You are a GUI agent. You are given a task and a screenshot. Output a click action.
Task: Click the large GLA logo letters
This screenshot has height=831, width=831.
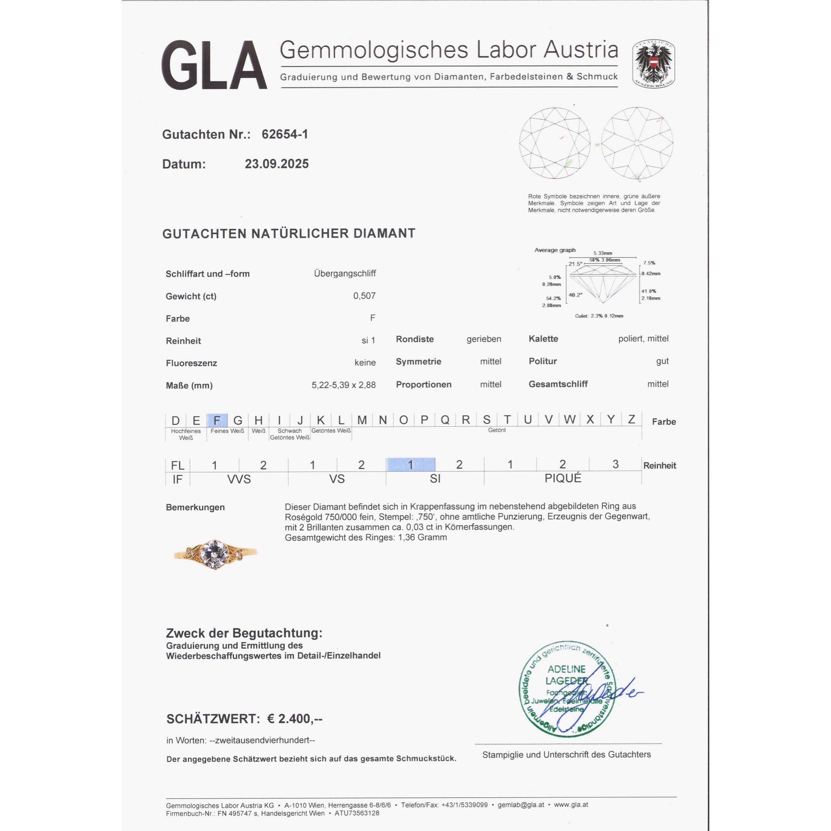[x=214, y=65]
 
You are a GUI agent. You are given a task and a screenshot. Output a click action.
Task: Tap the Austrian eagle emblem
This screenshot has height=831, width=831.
[x=653, y=64]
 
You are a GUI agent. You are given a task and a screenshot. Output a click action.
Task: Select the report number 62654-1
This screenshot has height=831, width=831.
[x=285, y=135]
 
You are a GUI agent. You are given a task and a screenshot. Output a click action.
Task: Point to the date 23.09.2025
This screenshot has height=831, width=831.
[x=277, y=164]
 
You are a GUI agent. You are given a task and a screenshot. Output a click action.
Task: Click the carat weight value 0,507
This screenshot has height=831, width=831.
[x=364, y=296]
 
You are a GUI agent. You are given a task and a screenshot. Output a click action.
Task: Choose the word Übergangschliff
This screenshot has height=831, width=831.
[x=344, y=273]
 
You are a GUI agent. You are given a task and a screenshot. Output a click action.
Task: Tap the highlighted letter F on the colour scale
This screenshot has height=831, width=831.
[x=217, y=420]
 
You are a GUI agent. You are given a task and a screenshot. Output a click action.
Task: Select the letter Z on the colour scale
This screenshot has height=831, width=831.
[x=631, y=419]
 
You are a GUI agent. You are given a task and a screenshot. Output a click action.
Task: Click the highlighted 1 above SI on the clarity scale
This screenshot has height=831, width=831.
[x=411, y=465]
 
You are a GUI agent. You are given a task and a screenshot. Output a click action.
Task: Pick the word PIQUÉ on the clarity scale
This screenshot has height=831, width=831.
[x=563, y=478]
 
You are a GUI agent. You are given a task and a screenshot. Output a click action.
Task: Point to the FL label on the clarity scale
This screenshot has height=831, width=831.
[x=177, y=465]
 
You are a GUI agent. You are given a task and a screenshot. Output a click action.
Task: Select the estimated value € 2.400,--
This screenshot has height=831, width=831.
[x=295, y=719]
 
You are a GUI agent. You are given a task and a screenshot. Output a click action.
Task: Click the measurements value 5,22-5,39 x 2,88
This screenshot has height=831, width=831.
[x=343, y=386]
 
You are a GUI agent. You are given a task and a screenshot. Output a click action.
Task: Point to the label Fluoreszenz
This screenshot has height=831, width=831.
[x=191, y=364]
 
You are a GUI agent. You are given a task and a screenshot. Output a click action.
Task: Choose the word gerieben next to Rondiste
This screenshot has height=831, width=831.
[x=484, y=339]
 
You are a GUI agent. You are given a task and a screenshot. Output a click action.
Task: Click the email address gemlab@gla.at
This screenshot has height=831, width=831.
[x=521, y=805]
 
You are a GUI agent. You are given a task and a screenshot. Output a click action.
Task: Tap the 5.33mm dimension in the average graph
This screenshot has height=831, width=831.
[x=602, y=253]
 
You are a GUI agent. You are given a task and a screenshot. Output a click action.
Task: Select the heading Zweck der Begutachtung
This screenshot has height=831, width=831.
[x=244, y=633]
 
